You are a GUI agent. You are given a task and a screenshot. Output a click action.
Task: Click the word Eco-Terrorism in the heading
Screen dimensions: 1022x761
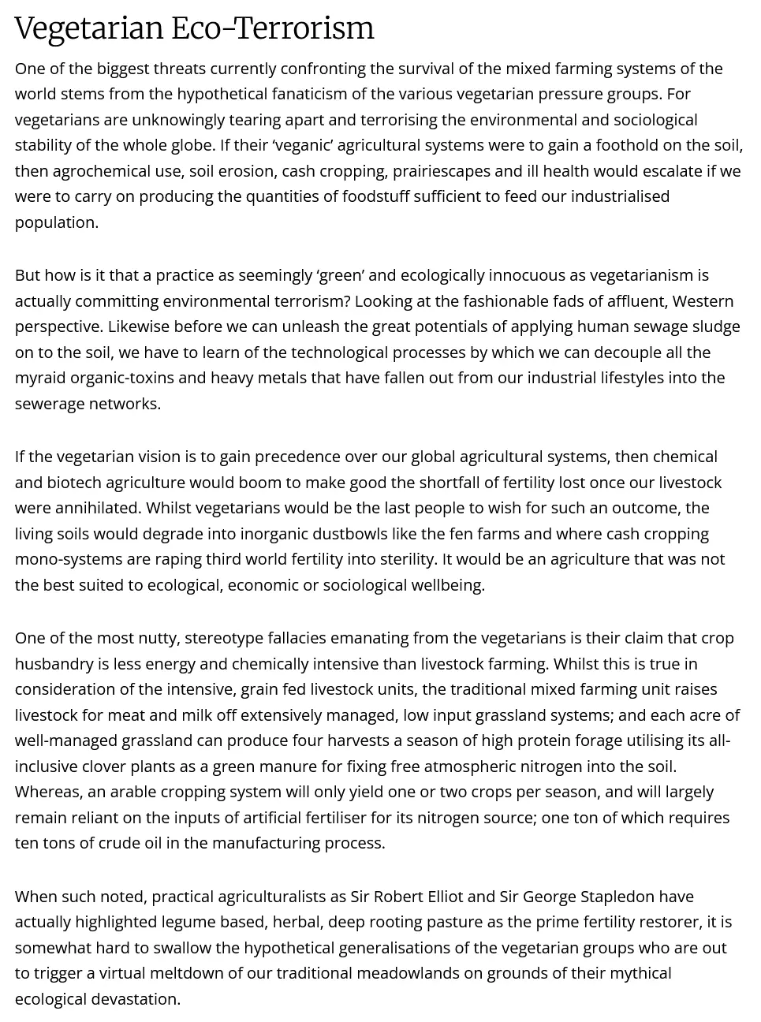(273, 29)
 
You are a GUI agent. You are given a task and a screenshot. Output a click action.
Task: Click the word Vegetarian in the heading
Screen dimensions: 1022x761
(89, 29)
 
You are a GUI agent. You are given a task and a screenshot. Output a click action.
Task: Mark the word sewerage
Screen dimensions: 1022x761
(50, 404)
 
